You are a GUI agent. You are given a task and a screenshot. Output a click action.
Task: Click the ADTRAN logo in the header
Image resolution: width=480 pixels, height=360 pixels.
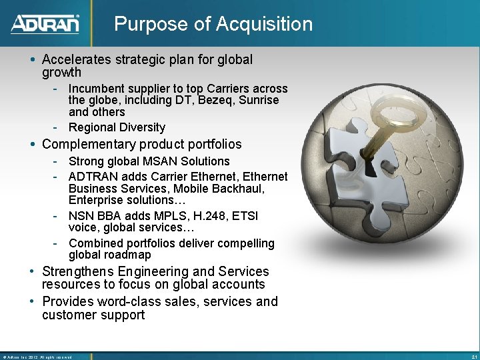coord(45,24)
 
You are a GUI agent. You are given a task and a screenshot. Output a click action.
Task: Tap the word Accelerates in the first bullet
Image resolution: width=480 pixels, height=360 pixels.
coord(79,59)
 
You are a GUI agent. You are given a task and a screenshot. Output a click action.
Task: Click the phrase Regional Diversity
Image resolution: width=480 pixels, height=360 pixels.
coord(117,127)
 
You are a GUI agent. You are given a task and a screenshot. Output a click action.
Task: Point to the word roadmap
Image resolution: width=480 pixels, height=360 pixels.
coord(127,255)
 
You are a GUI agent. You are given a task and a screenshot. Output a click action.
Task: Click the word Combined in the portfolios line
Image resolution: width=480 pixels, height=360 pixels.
coord(94,243)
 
